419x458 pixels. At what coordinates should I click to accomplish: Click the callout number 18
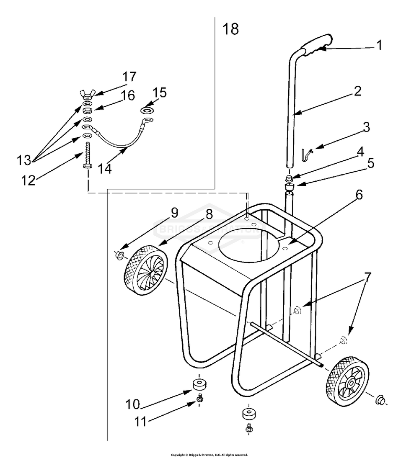tap(231, 29)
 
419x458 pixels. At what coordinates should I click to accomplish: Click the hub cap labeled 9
tap(119, 255)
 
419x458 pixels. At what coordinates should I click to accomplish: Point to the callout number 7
tap(367, 278)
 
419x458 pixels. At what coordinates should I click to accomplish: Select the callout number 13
tap(24, 160)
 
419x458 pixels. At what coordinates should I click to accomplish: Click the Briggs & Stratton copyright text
tap(209, 455)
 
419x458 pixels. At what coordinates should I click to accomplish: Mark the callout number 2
tap(357, 91)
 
